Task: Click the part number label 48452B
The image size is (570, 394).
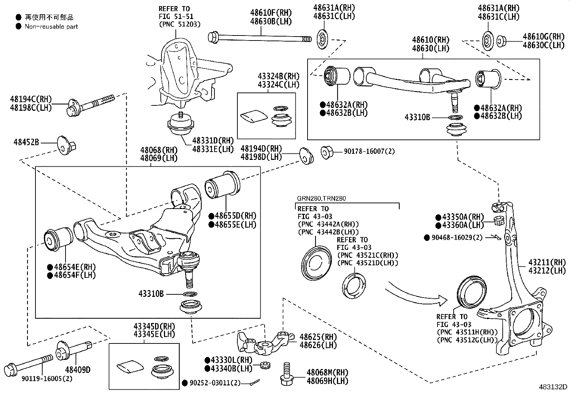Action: tap(26, 142)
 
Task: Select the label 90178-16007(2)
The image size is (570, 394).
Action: tap(369, 151)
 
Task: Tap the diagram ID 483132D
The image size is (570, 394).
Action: tap(553, 387)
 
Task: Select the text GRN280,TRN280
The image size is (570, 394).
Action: tap(321, 198)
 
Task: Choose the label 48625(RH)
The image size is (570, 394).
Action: tap(318, 337)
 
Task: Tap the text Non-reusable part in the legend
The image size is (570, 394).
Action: tap(51, 27)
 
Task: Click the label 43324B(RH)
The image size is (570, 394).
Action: tap(278, 76)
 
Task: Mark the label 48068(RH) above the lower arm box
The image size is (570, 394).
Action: tap(159, 150)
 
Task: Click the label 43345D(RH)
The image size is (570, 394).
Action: tap(154, 327)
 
